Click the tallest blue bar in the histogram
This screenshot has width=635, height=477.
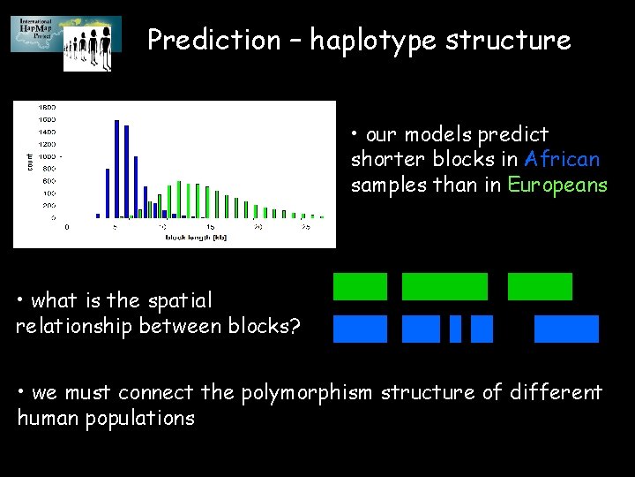click(x=116, y=168)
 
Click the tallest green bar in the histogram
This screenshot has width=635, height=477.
click(x=179, y=199)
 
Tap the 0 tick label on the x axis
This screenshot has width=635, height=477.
click(x=67, y=227)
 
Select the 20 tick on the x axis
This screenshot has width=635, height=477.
click(x=257, y=227)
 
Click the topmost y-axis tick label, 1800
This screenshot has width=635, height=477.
click(x=46, y=106)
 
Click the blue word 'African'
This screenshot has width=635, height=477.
click(x=561, y=160)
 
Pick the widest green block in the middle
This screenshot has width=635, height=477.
click(x=444, y=286)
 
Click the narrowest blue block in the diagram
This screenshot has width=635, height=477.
click(x=455, y=329)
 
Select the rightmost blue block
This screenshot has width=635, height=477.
click(x=566, y=329)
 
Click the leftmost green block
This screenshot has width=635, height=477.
click(x=360, y=286)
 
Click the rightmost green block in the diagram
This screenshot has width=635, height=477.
click(x=540, y=286)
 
